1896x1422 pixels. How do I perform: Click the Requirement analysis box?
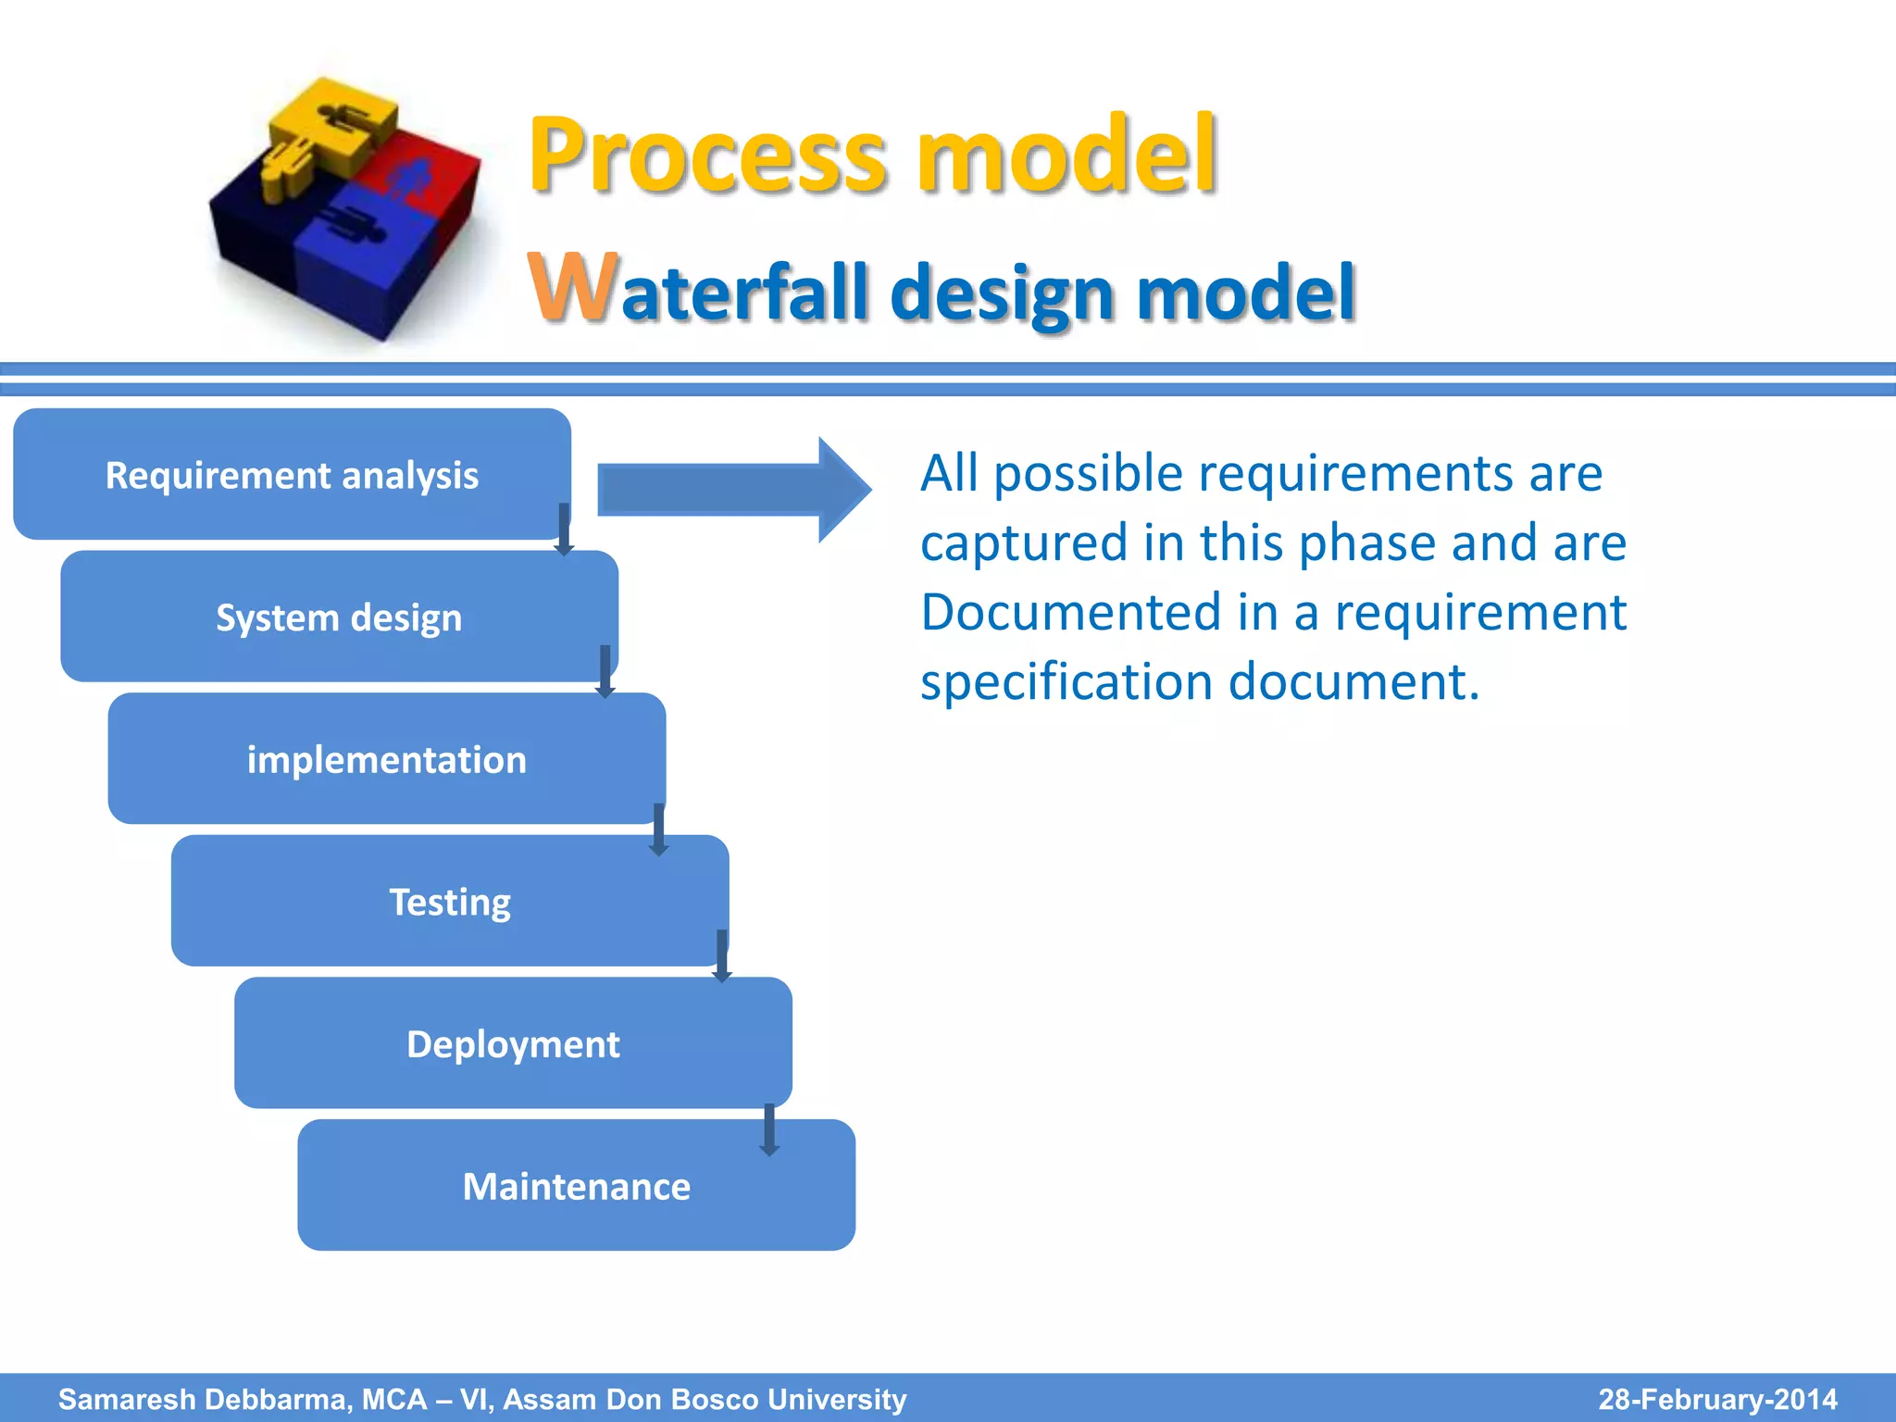pos(292,475)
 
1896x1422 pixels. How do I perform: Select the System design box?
pos(339,617)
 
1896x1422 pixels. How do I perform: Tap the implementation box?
pos(386,760)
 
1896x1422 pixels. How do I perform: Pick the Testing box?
pos(450,902)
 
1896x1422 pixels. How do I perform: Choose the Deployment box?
pos(513,1044)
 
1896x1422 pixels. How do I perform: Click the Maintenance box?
pos(576,1187)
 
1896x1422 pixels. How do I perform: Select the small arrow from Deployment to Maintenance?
pos(768,1130)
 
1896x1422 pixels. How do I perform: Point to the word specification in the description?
pos(1066,683)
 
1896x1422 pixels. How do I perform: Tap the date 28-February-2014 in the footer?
pos(1717,1399)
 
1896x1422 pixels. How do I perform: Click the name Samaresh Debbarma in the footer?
pos(204,1399)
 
